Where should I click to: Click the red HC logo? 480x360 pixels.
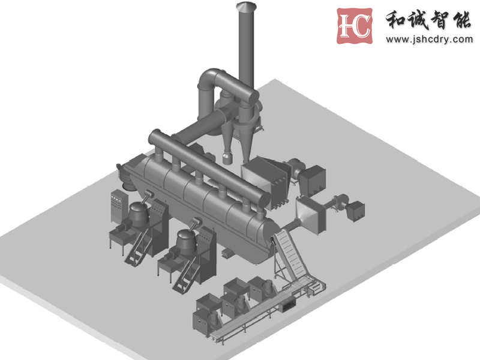coord(355,26)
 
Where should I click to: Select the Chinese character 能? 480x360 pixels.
coord(462,20)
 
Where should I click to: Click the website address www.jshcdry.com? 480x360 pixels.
coord(429,40)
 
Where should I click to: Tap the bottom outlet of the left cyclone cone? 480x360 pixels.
coord(227,158)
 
